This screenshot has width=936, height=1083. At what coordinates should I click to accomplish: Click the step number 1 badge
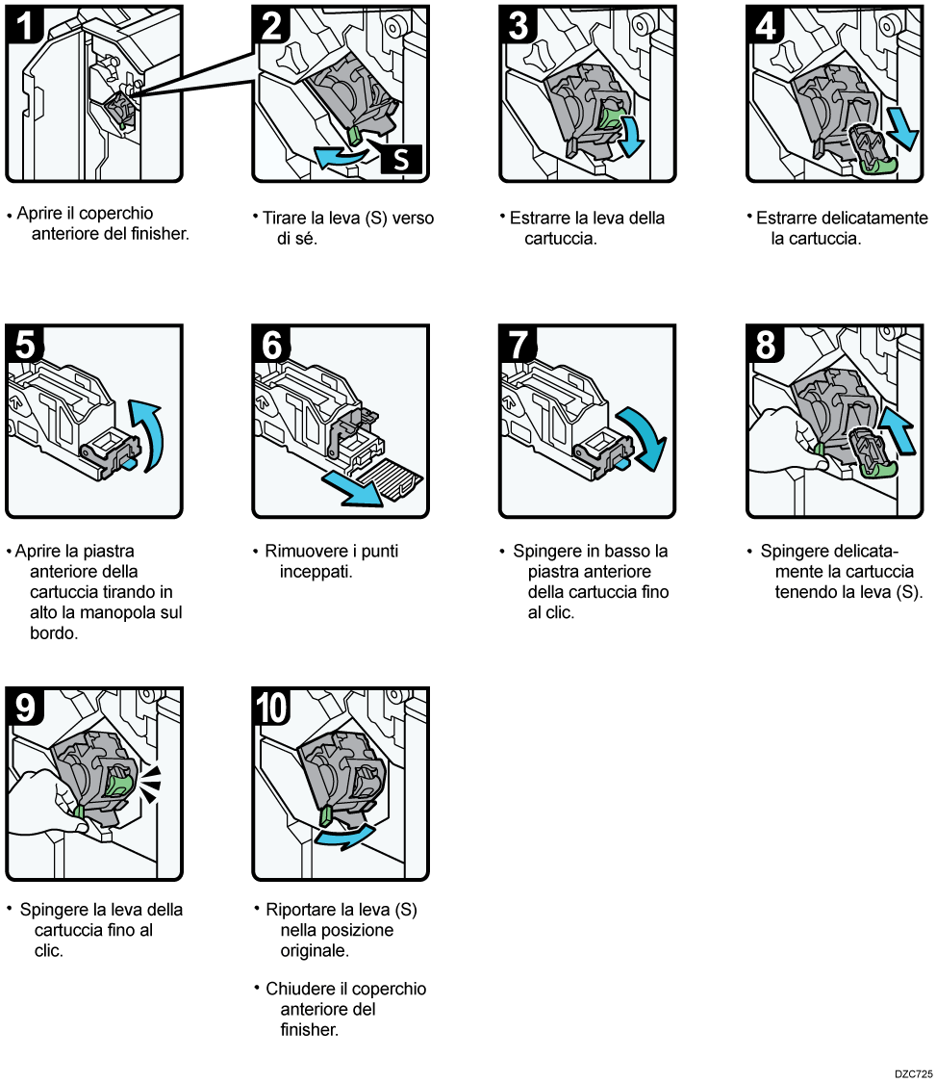[26, 24]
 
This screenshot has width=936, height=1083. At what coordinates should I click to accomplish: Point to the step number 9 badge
[26, 708]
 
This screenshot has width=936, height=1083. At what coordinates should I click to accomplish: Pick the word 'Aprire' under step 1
[38, 213]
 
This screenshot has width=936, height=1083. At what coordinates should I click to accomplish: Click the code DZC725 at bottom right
[912, 1072]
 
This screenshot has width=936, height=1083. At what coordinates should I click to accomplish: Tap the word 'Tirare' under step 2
[286, 219]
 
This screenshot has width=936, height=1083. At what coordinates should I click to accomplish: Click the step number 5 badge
[26, 345]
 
